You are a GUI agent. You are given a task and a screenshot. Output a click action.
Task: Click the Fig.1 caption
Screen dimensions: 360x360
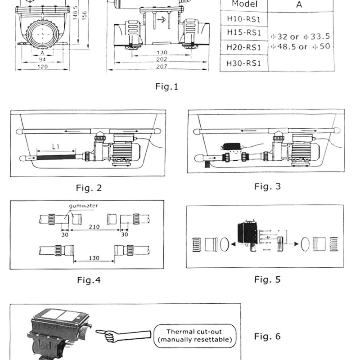click(167, 87)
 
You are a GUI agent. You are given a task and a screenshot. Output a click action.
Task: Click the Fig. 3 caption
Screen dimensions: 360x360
click(267, 186)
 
